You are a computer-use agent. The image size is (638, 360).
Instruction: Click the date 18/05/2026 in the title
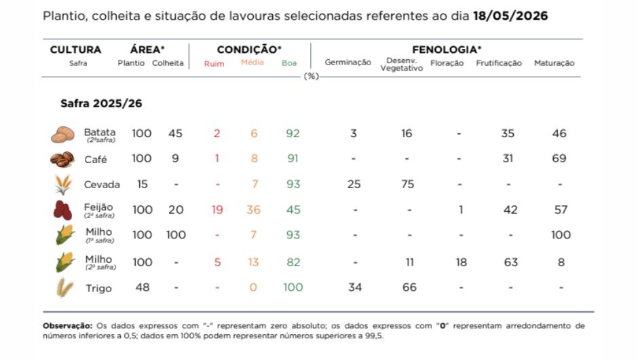click(510, 16)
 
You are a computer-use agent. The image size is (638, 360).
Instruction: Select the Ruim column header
click(214, 64)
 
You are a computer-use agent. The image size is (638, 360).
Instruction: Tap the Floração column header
click(447, 63)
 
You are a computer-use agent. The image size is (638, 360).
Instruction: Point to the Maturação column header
click(555, 63)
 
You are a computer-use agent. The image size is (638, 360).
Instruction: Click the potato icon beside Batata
click(62, 134)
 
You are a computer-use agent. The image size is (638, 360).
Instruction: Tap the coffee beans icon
click(62, 159)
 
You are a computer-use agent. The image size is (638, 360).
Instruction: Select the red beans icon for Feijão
click(62, 210)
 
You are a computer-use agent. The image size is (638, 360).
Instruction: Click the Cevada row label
click(102, 185)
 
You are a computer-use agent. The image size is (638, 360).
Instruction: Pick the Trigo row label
click(98, 288)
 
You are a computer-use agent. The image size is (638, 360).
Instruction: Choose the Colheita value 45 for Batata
click(175, 134)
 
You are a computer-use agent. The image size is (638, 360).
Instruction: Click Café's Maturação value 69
click(559, 158)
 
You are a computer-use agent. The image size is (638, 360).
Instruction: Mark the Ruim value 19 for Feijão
click(217, 210)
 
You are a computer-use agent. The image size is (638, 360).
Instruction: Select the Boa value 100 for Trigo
click(293, 287)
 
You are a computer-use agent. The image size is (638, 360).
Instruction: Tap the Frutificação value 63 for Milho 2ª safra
click(510, 262)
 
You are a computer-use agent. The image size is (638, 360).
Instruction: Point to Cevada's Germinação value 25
click(354, 184)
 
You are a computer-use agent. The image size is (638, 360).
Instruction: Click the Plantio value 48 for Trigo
click(143, 287)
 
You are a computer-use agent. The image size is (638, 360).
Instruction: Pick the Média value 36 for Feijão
click(253, 210)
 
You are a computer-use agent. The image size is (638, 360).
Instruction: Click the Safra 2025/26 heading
click(101, 103)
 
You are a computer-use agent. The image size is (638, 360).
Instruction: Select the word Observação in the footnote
click(68, 326)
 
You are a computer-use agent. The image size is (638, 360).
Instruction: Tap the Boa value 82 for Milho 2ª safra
click(293, 262)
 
